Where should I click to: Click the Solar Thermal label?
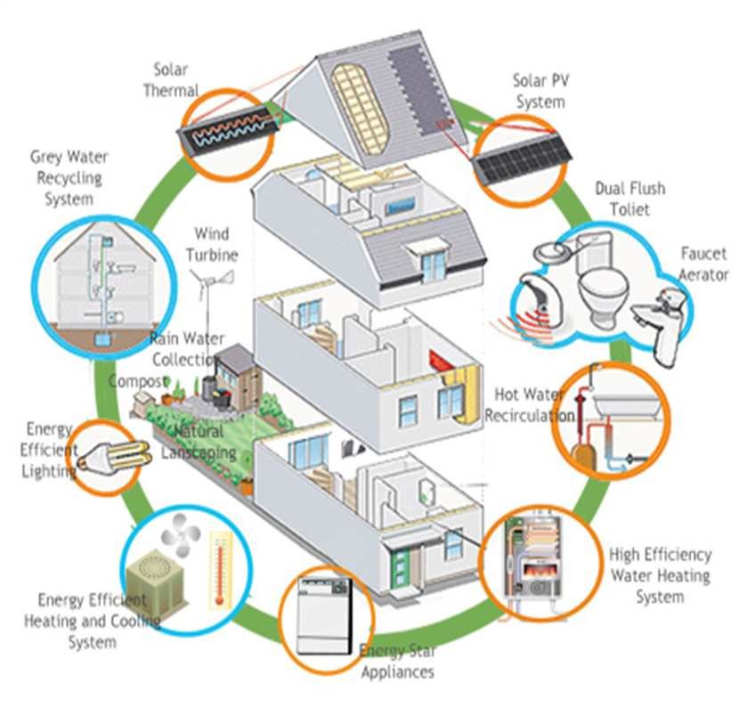pyautogui.click(x=176, y=79)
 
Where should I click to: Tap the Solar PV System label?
pyautogui.click(x=539, y=90)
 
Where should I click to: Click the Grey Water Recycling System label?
pyautogui.click(x=68, y=177)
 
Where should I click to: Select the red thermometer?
pyautogui.click(x=218, y=569)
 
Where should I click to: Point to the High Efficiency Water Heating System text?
pyautogui.click(x=660, y=575)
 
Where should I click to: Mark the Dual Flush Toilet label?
pyautogui.click(x=629, y=199)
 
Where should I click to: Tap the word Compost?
pyautogui.click(x=136, y=381)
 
